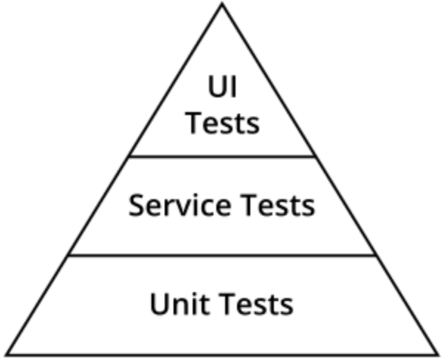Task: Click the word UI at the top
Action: [221, 88]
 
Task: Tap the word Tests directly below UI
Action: [221, 122]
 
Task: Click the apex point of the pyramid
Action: [221, 4]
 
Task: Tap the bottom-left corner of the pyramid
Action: [4, 354]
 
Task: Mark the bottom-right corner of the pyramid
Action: [439, 354]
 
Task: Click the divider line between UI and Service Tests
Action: [221, 156]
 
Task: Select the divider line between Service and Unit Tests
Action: [221, 255]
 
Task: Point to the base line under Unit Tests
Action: [221, 354]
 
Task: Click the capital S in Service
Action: [137, 205]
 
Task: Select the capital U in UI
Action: [216, 88]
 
